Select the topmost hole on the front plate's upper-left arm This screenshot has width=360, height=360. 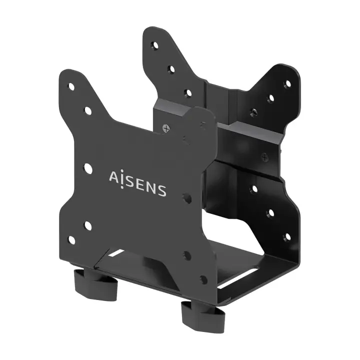point(71,86)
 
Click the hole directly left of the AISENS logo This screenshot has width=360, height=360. point(88,168)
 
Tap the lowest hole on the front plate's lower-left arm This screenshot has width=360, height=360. point(72,240)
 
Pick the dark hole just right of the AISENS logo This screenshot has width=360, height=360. point(187,198)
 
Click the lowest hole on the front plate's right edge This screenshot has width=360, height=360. point(203,279)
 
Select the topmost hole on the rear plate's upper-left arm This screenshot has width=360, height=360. point(154,45)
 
